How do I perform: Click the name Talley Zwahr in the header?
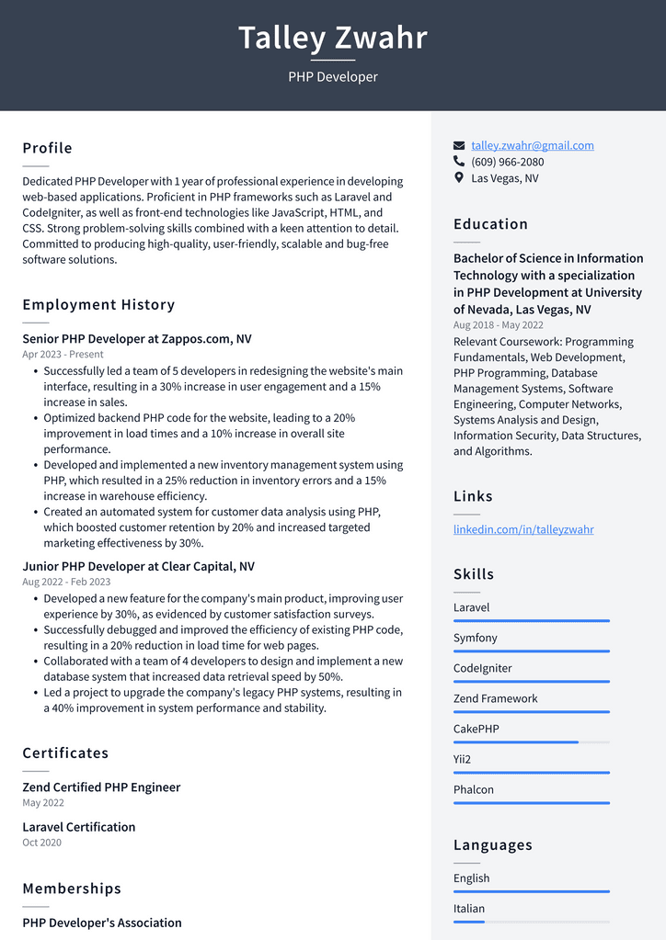pyautogui.click(x=333, y=39)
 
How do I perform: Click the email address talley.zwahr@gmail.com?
pyautogui.click(x=533, y=145)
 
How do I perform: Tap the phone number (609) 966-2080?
pyautogui.click(x=507, y=162)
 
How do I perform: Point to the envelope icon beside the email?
pyautogui.click(x=459, y=145)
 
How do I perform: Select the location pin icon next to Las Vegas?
pyautogui.click(x=459, y=178)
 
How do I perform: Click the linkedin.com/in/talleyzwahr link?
pyautogui.click(x=523, y=529)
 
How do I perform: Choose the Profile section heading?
pyautogui.click(x=47, y=148)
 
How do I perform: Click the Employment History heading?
pyautogui.click(x=98, y=304)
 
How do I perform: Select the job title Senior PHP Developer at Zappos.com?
pyautogui.click(x=137, y=339)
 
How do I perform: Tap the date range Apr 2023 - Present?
pyautogui.click(x=63, y=355)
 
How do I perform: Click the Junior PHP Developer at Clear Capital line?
pyautogui.click(x=139, y=566)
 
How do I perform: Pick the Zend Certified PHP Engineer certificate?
pyautogui.click(x=101, y=787)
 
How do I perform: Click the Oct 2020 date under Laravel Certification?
pyautogui.click(x=42, y=843)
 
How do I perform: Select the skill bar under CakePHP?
pyautogui.click(x=531, y=742)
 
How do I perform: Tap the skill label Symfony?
pyautogui.click(x=475, y=638)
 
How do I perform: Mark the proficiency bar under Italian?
pyautogui.click(x=531, y=921)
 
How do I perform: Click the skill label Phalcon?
pyautogui.click(x=474, y=789)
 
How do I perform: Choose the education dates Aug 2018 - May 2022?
pyautogui.click(x=498, y=325)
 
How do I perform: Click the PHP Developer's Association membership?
pyautogui.click(x=102, y=923)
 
